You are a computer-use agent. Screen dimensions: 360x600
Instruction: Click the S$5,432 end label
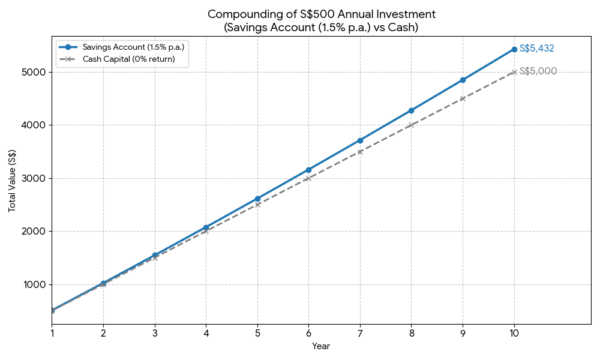tap(536, 49)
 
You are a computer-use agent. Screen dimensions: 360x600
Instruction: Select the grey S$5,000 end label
tap(538, 71)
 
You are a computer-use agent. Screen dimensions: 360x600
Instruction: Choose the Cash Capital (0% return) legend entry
tap(128, 59)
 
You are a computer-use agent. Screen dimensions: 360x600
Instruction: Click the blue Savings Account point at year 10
tap(514, 49)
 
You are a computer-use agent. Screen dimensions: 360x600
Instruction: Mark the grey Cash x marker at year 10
tap(514, 72)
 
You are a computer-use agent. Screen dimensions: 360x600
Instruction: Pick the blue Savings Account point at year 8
tap(411, 110)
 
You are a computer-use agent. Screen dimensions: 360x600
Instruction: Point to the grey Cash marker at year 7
tap(360, 152)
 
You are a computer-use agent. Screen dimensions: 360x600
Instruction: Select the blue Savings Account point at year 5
tap(257, 199)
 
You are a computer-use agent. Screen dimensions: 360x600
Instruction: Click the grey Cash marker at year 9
tap(463, 98)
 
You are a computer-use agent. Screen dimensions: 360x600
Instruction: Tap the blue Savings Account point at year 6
tap(308, 170)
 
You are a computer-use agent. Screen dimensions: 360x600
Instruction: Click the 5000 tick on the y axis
tap(36, 72)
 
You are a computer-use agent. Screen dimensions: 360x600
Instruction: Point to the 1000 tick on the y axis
tap(36, 284)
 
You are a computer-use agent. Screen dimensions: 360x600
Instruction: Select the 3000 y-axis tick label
tap(36, 178)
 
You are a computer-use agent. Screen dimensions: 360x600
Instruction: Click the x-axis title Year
tap(321, 346)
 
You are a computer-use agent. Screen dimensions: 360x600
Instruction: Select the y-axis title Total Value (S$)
tap(12, 181)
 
